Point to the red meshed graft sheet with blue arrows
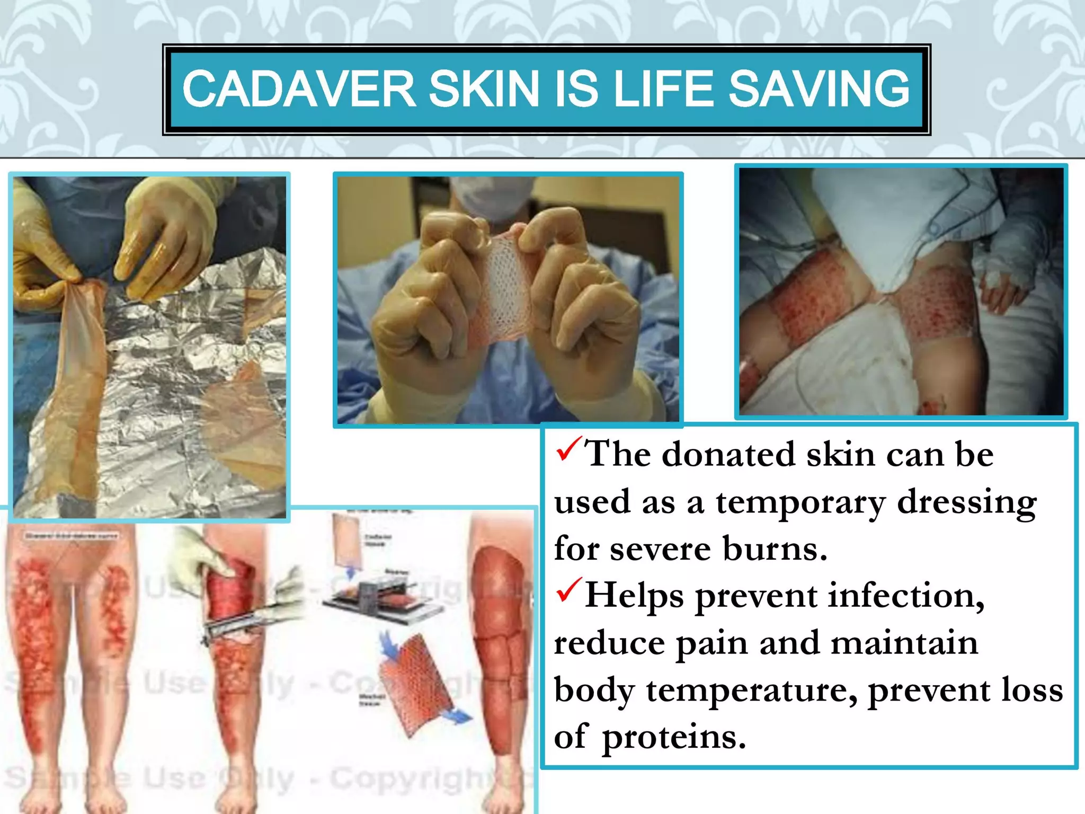(x=416, y=684)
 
